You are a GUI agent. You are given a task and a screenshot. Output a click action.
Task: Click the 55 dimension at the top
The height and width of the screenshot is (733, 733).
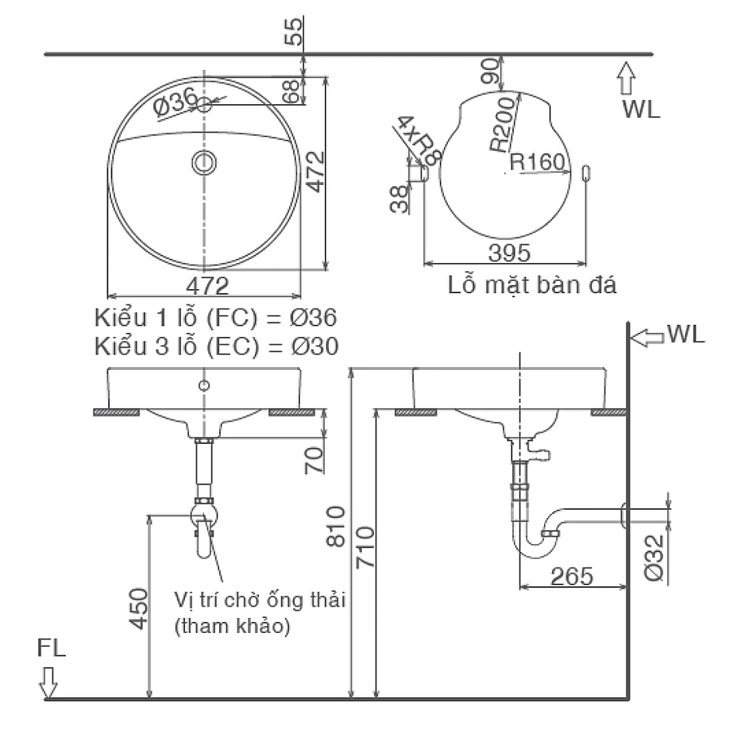click(x=298, y=30)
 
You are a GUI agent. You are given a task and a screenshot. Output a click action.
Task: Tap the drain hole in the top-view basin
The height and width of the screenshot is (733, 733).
click(x=204, y=162)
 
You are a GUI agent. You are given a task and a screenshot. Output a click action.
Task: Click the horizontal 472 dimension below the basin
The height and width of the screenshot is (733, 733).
click(x=207, y=287)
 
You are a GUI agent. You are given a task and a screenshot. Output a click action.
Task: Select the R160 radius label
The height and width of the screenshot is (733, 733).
click(x=537, y=162)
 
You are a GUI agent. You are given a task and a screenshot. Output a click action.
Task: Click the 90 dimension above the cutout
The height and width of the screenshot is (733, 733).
click(x=490, y=72)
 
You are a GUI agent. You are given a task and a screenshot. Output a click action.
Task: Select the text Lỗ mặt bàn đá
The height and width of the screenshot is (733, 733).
click(x=532, y=286)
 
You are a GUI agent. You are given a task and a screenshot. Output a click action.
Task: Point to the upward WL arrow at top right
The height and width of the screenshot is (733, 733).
click(x=625, y=80)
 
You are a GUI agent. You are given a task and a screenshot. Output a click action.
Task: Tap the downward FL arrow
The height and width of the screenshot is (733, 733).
click(x=49, y=681)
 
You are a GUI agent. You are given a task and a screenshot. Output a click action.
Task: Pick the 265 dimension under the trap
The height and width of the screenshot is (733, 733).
click(x=571, y=576)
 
